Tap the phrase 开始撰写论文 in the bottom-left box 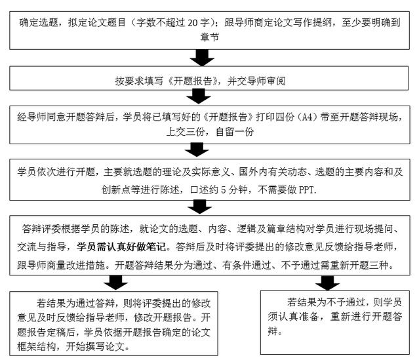[x=105, y=345]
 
